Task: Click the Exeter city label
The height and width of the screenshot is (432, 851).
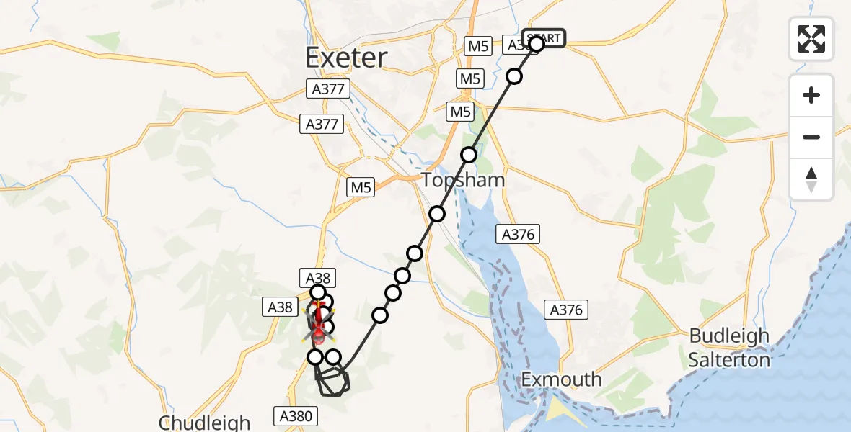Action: coord(346,58)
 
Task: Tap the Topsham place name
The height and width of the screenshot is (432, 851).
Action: coord(463,180)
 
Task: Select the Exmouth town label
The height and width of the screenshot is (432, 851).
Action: coord(561,379)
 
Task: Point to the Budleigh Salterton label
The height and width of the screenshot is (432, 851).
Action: coord(729,348)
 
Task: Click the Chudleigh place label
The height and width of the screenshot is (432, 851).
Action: coord(204,422)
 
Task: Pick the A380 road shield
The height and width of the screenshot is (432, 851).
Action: coord(294,415)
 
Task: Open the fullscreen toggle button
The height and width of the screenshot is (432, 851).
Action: coord(811,39)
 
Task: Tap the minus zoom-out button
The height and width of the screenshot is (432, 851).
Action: coord(811,137)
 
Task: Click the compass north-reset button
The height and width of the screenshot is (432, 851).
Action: coord(811,179)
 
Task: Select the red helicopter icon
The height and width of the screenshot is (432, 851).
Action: coord(319,328)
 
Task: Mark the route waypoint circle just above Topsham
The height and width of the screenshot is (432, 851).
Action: coord(469,154)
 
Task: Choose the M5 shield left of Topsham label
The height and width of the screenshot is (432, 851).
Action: coord(361,188)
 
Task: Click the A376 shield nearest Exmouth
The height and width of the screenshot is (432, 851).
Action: coord(565,310)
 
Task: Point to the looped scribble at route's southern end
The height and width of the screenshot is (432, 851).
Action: coord(333,381)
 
